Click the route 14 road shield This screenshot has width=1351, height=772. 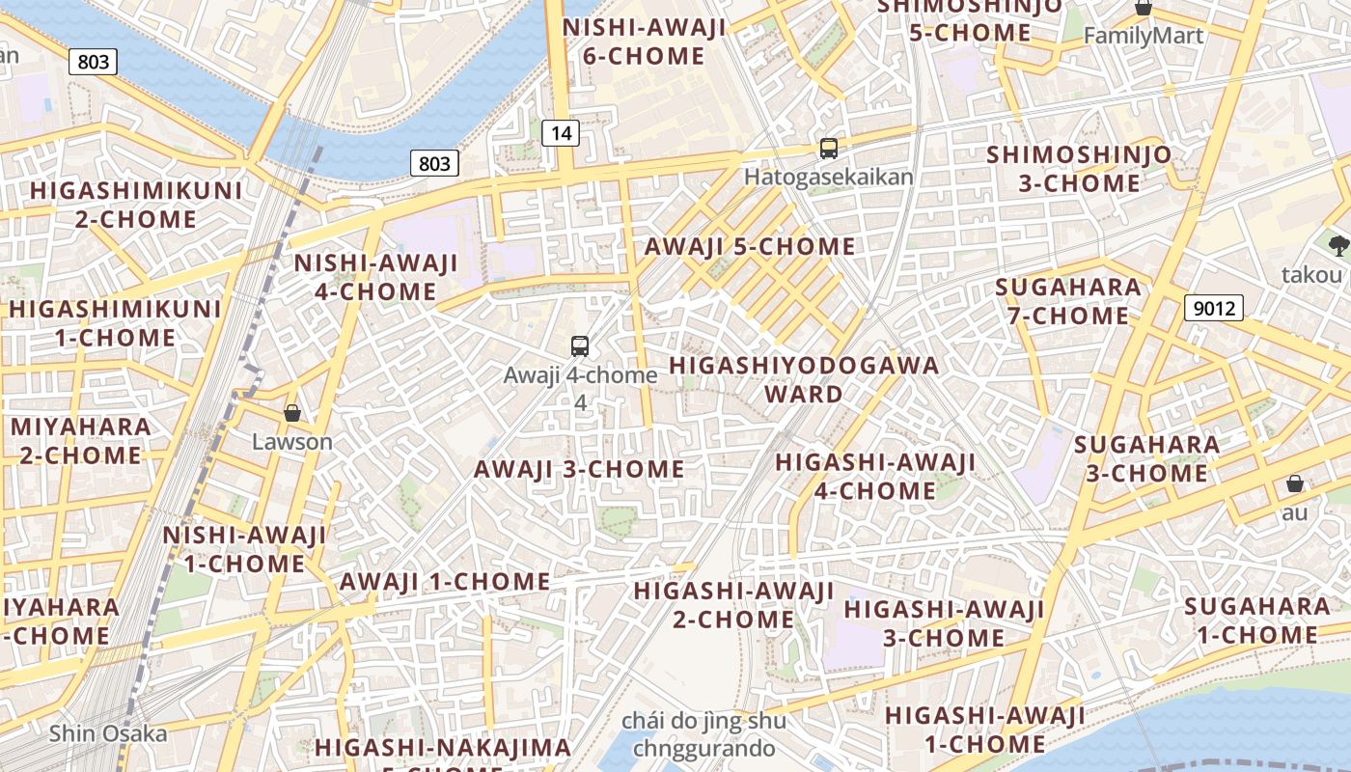[560, 133]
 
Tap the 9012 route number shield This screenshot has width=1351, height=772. [1213, 308]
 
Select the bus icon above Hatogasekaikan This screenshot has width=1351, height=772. [828, 149]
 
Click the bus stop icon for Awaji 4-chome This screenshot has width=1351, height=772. [580, 346]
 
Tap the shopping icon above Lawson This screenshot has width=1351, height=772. [292, 413]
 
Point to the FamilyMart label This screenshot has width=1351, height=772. [1144, 36]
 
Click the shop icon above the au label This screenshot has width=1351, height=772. [1294, 483]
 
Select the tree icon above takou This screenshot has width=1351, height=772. [1337, 245]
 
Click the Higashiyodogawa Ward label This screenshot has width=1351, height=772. [803, 379]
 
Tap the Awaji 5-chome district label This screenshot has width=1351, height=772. [750, 247]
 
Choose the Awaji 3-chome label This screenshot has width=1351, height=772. [579, 470]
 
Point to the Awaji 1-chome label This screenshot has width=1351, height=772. [445, 582]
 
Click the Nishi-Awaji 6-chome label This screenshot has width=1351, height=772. [644, 41]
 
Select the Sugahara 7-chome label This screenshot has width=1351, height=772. [1068, 301]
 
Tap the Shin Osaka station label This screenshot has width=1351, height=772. [108, 733]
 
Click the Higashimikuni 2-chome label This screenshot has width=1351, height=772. [136, 205]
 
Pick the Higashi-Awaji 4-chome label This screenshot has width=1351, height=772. [875, 477]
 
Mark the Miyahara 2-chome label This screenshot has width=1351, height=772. [81, 441]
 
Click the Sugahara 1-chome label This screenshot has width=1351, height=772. [1257, 620]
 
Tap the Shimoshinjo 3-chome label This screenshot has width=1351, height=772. [1079, 169]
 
